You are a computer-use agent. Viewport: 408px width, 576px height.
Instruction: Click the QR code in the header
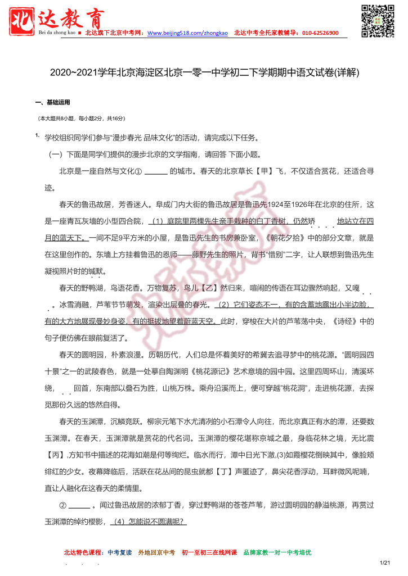pyautogui.click(x=378, y=21)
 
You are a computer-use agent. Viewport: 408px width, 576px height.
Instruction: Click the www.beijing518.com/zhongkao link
pyautogui.click(x=187, y=33)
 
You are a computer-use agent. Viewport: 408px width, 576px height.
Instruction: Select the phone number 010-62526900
pyautogui.click(x=320, y=33)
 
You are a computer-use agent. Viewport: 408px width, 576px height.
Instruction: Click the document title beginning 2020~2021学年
pyautogui.click(x=204, y=73)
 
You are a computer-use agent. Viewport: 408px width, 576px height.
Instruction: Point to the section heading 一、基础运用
pyautogui.click(x=52, y=102)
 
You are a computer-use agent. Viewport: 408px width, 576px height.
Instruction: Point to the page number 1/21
pyautogui.click(x=385, y=563)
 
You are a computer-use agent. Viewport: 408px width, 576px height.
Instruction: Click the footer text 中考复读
pyautogui.click(x=120, y=552)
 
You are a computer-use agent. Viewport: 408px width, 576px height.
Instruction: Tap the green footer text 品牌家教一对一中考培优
pyautogui.click(x=277, y=552)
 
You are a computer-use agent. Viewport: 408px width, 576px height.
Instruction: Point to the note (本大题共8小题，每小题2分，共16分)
pyautogui.click(x=82, y=119)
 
